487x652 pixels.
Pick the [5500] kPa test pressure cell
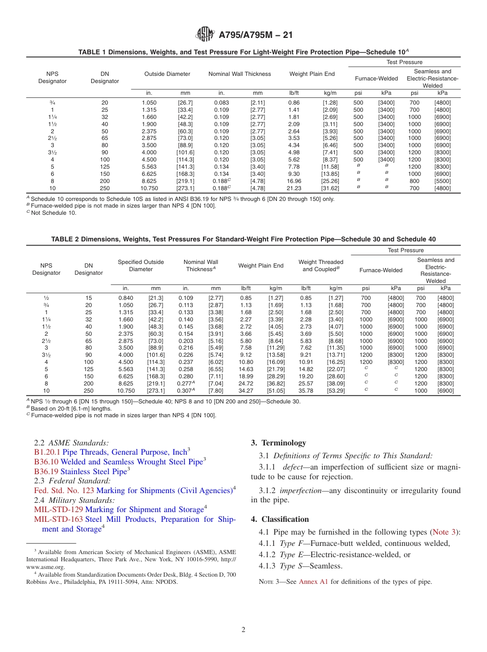(442, 181)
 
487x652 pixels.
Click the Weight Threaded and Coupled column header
(321, 266)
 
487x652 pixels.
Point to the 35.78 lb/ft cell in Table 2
(306, 391)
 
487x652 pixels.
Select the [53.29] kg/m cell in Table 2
(336, 391)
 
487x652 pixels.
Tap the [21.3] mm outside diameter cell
(156, 298)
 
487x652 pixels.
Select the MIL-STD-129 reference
(58, 510)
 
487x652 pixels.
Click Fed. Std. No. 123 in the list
(64, 491)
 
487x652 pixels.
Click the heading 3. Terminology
(278, 443)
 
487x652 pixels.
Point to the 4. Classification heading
(280, 519)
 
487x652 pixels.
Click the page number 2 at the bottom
(243, 630)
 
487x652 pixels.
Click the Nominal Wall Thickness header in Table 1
(239, 74)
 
